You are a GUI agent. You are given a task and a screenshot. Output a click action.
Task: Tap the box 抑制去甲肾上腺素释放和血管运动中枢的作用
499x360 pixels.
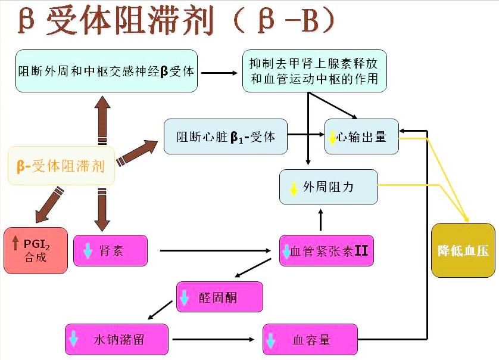pos(314,72)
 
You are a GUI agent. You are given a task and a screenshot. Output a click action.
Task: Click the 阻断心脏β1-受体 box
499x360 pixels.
pos(226,136)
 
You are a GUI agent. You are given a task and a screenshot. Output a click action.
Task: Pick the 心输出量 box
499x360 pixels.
pos(361,136)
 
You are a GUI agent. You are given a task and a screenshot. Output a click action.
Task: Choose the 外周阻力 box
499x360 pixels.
pos(329,187)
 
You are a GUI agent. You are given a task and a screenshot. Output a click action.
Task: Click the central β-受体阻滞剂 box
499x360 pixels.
pos(61,166)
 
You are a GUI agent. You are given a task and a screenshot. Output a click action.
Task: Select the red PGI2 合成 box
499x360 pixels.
pos(35,250)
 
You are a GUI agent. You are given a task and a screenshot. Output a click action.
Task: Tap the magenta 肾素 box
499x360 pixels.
pos(110,250)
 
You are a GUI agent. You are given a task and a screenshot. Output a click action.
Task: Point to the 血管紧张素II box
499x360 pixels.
pos(326,250)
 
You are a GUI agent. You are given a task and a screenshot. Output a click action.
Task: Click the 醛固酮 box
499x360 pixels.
pos(219,297)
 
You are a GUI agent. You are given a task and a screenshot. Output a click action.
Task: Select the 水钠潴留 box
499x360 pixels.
pos(117,340)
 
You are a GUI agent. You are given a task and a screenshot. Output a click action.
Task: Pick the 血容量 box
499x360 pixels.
pos(310,340)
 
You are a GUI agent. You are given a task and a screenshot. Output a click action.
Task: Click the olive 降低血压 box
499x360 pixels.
pos(463,250)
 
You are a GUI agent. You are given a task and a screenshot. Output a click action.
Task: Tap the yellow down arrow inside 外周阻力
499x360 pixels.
pos(294,188)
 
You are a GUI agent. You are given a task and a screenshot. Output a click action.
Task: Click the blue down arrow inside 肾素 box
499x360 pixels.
pos(88,251)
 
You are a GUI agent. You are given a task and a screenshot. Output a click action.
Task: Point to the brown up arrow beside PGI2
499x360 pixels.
pos(15,243)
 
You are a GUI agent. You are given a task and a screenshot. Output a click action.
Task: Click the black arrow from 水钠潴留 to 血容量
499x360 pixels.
pos(214,340)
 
